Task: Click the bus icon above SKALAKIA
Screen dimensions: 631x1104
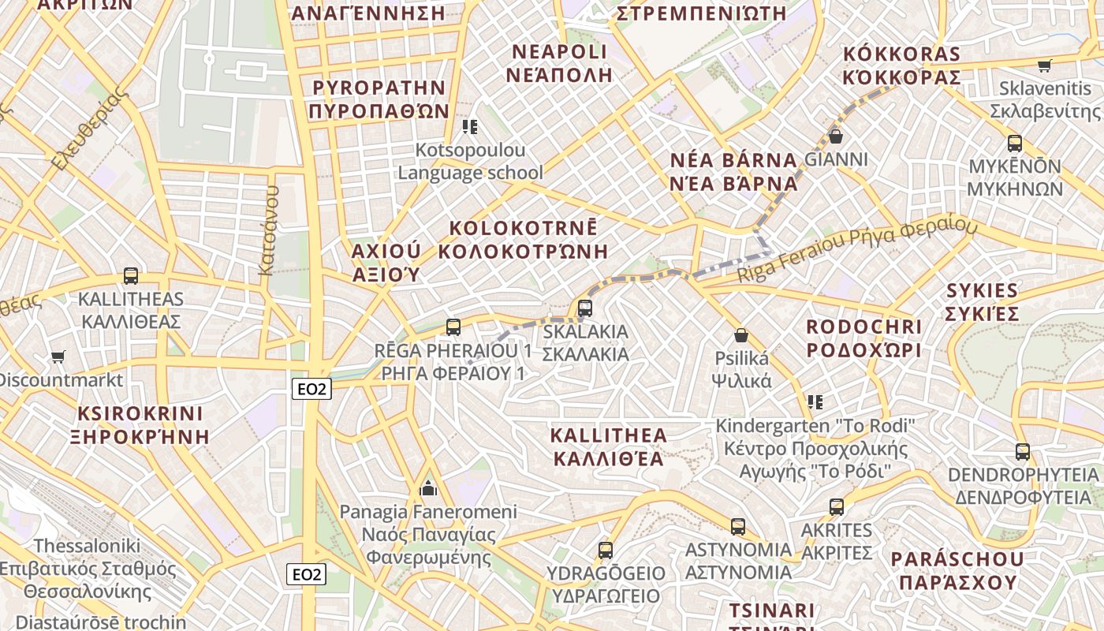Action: point(584,308)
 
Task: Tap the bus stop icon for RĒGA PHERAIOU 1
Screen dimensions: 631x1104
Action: point(453,327)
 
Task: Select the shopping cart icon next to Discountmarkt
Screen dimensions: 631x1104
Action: point(58,357)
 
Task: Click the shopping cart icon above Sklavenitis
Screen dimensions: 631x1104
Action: point(1045,65)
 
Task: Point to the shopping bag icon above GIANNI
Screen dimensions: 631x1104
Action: point(836,136)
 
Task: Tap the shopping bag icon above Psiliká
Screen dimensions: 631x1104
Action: point(740,335)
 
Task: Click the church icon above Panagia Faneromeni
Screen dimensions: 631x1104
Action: point(428,488)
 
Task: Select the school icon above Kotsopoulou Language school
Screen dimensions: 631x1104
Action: point(470,126)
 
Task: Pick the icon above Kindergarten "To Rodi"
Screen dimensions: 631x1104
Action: point(815,402)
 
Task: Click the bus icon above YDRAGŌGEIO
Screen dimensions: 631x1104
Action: point(606,550)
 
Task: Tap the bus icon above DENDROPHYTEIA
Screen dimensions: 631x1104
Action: point(1023,452)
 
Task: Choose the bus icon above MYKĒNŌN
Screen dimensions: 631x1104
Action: point(1015,144)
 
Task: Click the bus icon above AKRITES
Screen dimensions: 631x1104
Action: point(837,507)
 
